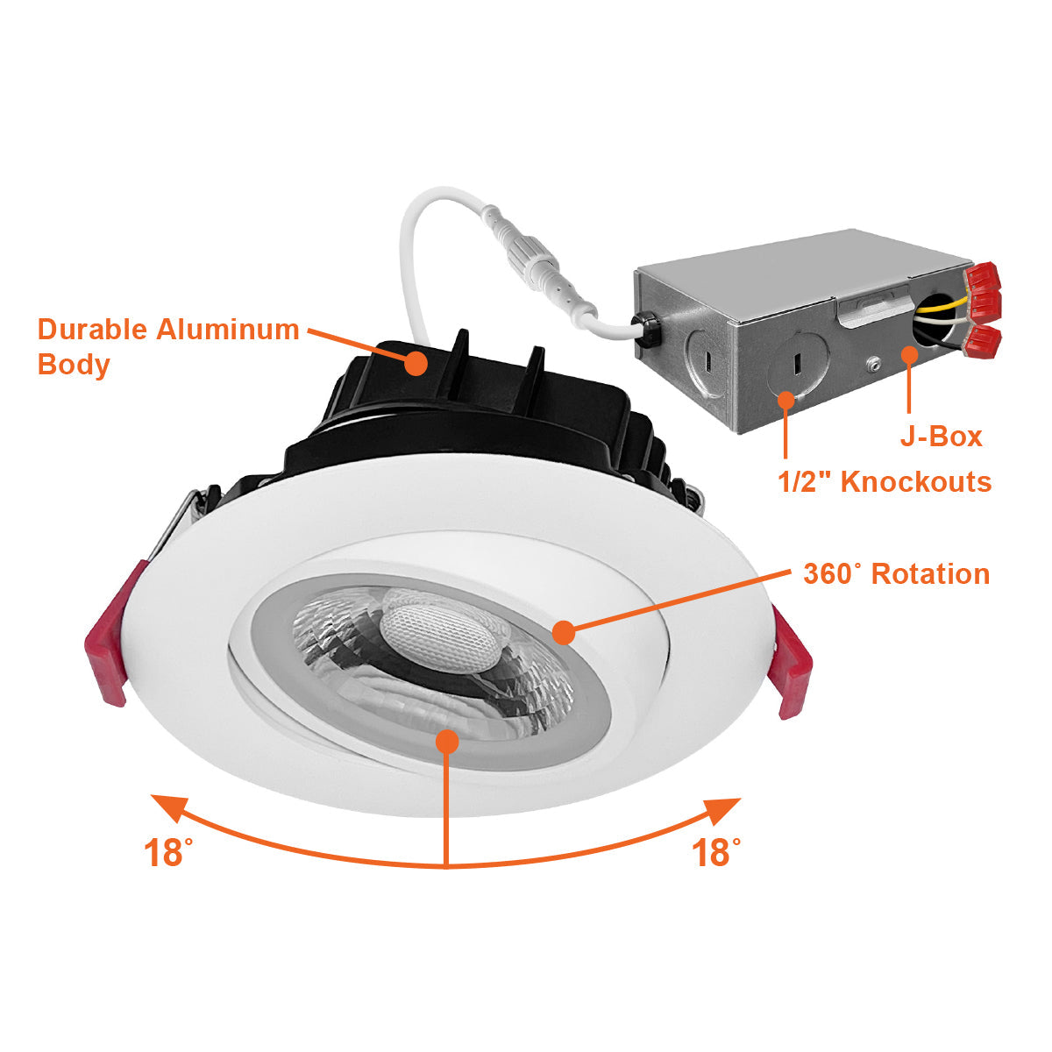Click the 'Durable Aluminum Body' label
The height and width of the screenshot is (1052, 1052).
[x=168, y=346]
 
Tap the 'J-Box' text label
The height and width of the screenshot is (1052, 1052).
[x=942, y=437]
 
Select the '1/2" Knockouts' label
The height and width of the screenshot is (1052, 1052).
[x=885, y=482]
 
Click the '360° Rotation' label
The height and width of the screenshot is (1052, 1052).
[x=897, y=574]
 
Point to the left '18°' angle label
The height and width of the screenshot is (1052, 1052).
[x=168, y=853]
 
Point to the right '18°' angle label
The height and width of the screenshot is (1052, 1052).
[x=715, y=853]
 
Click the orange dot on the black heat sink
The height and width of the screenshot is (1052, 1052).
[x=416, y=364]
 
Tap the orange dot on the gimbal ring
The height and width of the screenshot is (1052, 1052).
[x=564, y=633]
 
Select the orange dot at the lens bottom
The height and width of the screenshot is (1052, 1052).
[x=447, y=741]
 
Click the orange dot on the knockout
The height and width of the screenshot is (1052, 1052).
[x=786, y=400]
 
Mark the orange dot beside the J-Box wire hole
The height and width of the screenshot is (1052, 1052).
[x=909, y=355]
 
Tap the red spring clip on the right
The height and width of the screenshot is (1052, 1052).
[x=789, y=662]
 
